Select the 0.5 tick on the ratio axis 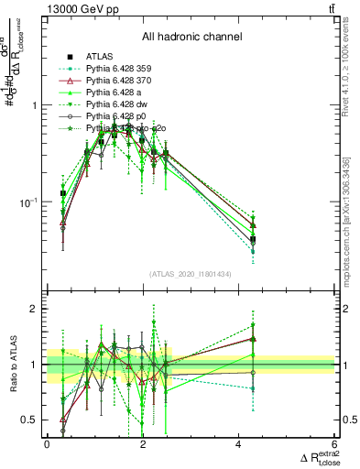point(32,420)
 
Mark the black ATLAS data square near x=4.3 point(253,239)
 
